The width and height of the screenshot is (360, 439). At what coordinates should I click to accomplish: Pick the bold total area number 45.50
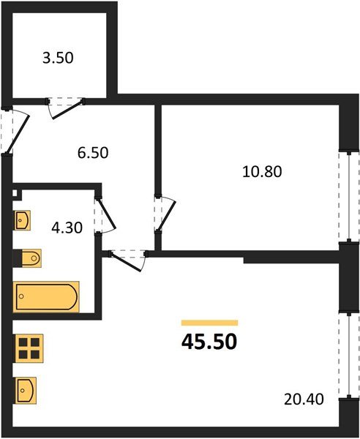[x=209, y=342]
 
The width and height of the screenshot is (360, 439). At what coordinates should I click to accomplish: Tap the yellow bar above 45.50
[x=209, y=323]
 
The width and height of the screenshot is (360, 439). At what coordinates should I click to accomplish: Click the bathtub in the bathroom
[x=46, y=296]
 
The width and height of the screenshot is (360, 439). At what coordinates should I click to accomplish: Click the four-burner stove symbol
[x=29, y=348]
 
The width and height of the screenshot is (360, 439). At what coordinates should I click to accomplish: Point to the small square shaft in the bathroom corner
[x=18, y=195]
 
